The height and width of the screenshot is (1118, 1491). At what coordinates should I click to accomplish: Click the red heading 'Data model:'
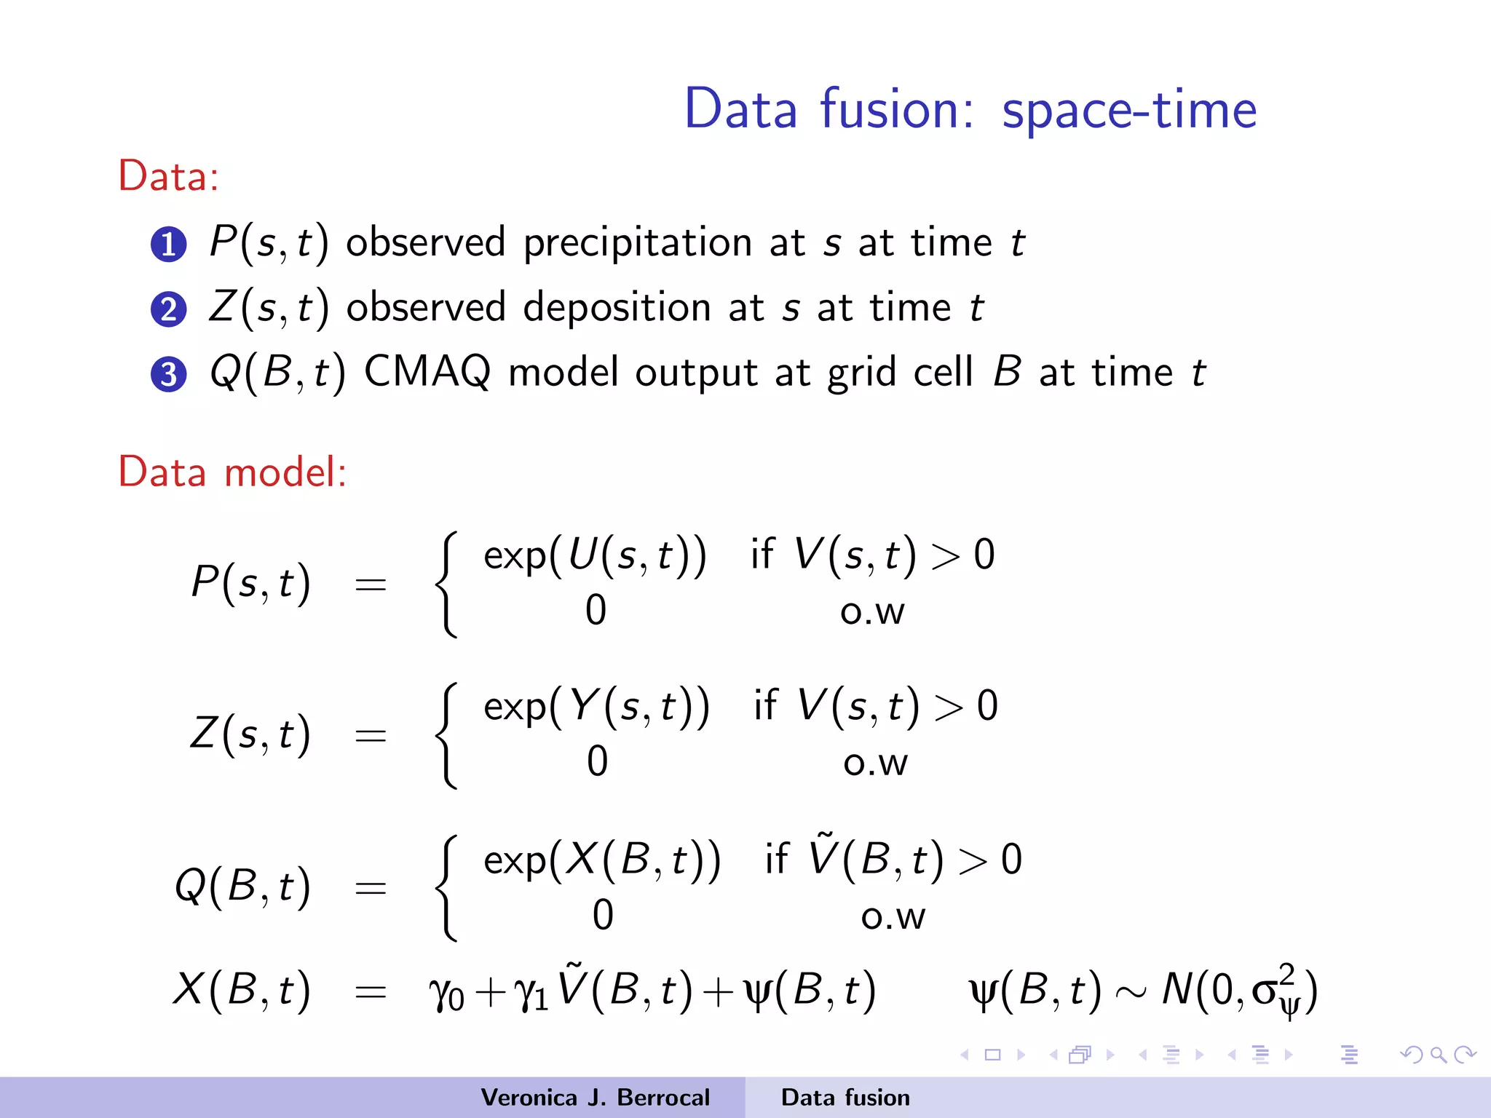tap(232, 472)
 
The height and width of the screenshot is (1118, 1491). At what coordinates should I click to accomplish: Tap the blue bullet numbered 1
tap(169, 244)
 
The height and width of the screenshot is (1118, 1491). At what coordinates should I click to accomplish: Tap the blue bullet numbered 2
tap(169, 309)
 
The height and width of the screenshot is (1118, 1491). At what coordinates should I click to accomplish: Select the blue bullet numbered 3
tap(169, 374)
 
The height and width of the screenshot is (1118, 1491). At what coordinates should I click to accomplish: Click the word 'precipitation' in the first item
tap(637, 243)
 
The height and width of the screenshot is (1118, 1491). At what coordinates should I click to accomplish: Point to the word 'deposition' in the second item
tap(617, 308)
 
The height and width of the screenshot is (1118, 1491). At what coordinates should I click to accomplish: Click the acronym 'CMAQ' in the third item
tap(427, 372)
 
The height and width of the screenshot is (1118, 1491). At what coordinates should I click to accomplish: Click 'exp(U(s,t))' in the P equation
tap(595, 555)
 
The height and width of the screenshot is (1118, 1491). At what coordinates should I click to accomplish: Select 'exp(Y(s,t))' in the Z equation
tap(596, 707)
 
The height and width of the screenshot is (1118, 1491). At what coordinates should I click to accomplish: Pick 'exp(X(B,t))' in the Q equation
tap(602, 860)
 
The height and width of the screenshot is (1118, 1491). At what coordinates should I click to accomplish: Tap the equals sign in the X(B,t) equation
tap(370, 991)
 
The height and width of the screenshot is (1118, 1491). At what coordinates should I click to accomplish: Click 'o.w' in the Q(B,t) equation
tap(893, 917)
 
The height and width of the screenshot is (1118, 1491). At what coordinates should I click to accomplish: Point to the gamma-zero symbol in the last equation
tap(446, 993)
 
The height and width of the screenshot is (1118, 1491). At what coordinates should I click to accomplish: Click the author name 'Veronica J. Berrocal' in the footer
tap(595, 1098)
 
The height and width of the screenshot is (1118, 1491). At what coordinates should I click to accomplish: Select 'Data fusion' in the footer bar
tap(845, 1098)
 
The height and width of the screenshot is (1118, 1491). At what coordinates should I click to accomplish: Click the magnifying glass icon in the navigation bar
tap(1438, 1055)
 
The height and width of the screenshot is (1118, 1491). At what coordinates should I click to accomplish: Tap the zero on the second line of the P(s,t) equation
tap(596, 610)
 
